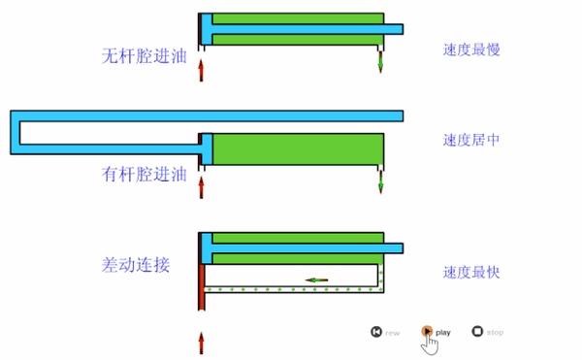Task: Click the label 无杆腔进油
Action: point(144,55)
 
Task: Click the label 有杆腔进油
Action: point(144,175)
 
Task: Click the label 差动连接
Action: point(136,264)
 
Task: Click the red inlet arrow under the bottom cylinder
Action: point(201,343)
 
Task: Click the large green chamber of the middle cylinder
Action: point(296,148)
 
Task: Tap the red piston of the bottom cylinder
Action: point(201,287)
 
